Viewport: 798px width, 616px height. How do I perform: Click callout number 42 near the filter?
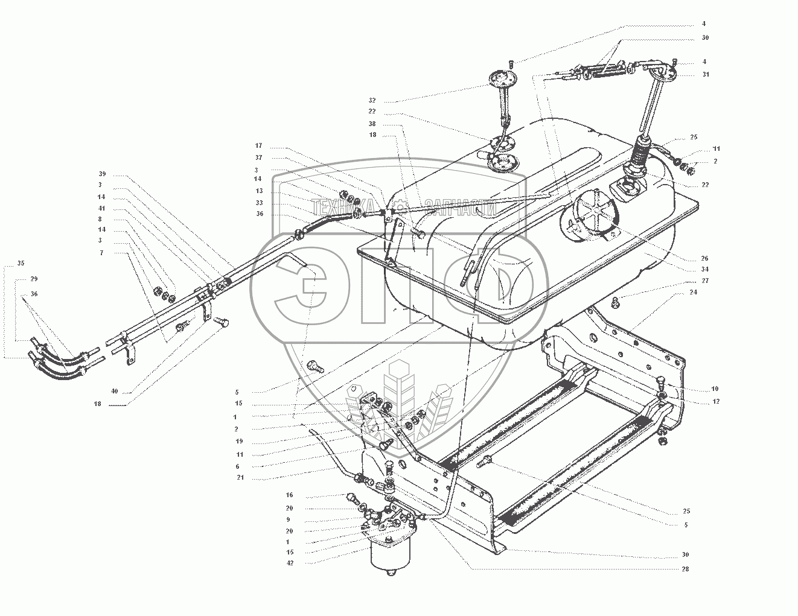(x=290, y=562)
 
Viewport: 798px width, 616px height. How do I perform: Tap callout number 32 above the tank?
(x=372, y=101)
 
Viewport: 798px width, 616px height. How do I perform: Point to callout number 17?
(x=258, y=146)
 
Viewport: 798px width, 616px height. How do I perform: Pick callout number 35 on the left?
(x=21, y=264)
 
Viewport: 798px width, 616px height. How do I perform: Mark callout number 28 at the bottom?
(x=686, y=569)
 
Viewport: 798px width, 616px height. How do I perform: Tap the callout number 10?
(x=698, y=389)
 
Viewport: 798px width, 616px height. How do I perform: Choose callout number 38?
(x=372, y=123)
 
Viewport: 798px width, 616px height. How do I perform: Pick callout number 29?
(x=34, y=279)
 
